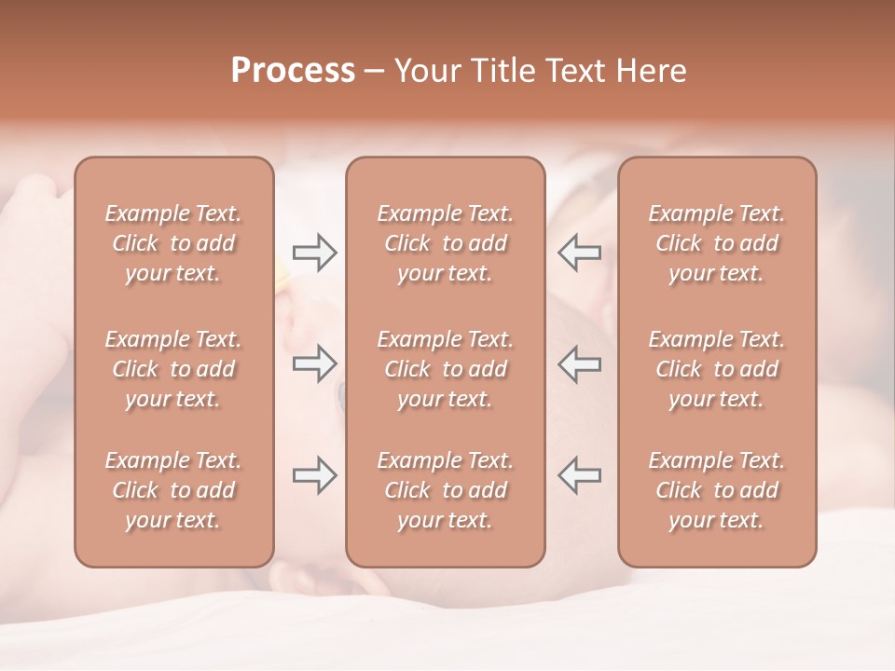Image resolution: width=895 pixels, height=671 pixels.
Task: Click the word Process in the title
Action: coord(293,71)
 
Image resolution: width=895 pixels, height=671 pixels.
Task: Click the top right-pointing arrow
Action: coord(314,253)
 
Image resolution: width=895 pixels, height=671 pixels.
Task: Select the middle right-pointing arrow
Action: coord(314,363)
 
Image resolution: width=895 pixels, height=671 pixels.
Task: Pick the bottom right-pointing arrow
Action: coord(314,474)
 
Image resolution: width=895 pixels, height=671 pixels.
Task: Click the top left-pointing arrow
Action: coord(580,253)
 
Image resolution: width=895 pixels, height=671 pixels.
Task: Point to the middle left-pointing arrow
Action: coord(580,363)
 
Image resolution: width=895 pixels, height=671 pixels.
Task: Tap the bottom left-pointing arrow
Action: coord(580,474)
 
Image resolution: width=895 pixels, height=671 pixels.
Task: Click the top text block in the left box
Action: coord(173,243)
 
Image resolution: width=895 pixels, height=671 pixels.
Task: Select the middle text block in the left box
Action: coord(173,369)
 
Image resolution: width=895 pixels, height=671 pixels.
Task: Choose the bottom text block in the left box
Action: coord(173,490)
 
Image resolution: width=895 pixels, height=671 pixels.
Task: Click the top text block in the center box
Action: coord(445,243)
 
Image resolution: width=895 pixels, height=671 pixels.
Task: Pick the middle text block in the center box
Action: coord(445,369)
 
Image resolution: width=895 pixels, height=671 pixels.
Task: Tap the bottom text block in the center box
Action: coord(445,490)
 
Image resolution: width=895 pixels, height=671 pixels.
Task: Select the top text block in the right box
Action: coord(716,243)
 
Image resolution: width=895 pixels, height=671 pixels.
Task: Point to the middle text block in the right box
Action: coord(716,369)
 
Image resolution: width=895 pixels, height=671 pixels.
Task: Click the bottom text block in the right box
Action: coord(716,490)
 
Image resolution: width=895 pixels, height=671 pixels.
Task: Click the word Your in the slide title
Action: coord(427,71)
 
